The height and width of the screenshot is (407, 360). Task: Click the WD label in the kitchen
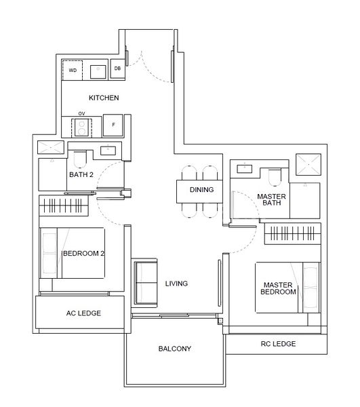pyautogui.click(x=71, y=69)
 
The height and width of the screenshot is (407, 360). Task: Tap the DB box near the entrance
pyautogui.click(x=117, y=69)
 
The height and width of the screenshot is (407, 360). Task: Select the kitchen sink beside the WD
pyautogui.click(x=98, y=69)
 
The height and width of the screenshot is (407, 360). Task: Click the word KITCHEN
pyautogui.click(x=104, y=98)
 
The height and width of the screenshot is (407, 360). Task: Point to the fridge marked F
pyautogui.click(x=113, y=125)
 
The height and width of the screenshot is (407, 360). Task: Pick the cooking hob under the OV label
pyautogui.click(x=83, y=127)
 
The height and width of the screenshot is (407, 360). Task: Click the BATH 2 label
pyautogui.click(x=81, y=174)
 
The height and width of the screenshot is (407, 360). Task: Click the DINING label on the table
pyautogui.click(x=201, y=191)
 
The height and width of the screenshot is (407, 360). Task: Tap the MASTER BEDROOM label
pyautogui.click(x=279, y=288)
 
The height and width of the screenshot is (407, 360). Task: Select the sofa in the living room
pyautogui.click(x=144, y=282)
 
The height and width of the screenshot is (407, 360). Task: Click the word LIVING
pyautogui.click(x=176, y=284)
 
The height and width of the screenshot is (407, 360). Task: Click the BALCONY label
pyautogui.click(x=174, y=349)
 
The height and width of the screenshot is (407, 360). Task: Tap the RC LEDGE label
pyautogui.click(x=278, y=344)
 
